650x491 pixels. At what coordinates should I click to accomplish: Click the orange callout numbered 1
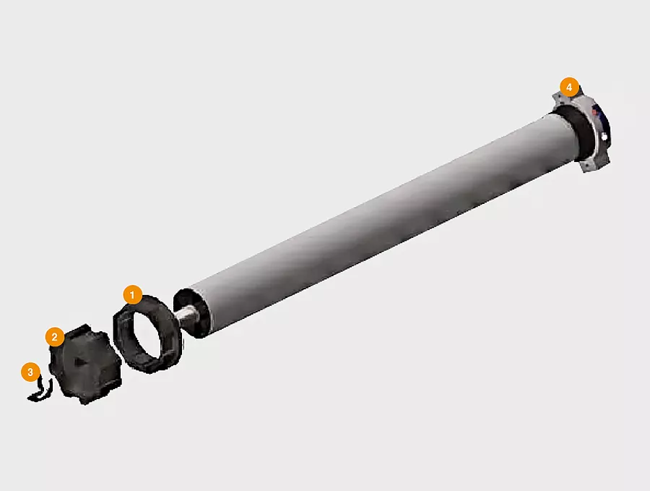(x=133, y=295)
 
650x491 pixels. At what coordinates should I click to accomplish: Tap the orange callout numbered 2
(x=55, y=336)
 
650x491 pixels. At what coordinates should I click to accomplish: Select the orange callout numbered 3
(x=30, y=372)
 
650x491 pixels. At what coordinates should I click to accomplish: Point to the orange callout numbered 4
(x=569, y=87)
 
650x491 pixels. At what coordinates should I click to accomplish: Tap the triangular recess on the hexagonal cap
(x=79, y=362)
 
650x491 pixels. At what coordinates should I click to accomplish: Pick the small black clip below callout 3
(x=40, y=391)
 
